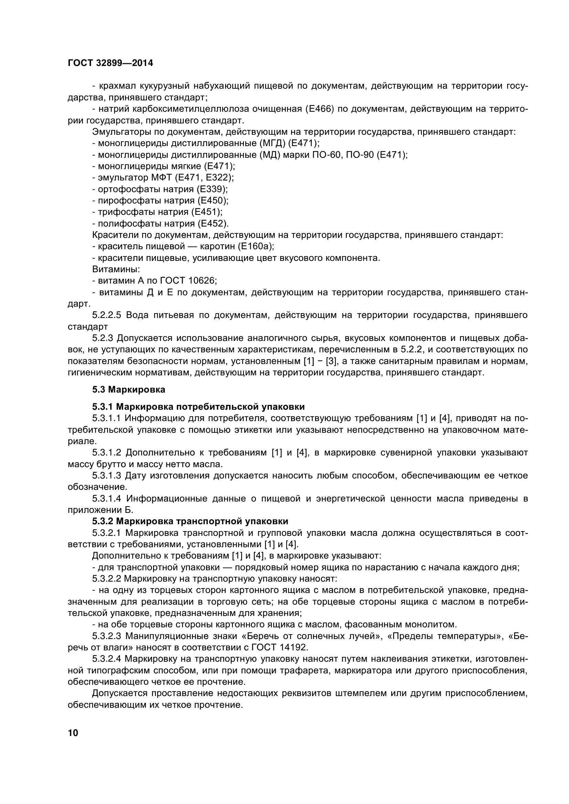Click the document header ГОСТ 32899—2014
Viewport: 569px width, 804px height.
pos(110,63)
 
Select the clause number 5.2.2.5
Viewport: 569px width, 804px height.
pos(107,315)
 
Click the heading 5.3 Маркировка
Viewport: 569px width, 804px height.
pos(129,389)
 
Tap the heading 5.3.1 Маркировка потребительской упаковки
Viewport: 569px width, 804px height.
pos(198,407)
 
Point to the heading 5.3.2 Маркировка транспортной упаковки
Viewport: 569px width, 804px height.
pos(190,521)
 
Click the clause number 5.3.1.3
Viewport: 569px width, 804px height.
pos(107,475)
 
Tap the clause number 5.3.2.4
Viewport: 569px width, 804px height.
pos(107,659)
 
